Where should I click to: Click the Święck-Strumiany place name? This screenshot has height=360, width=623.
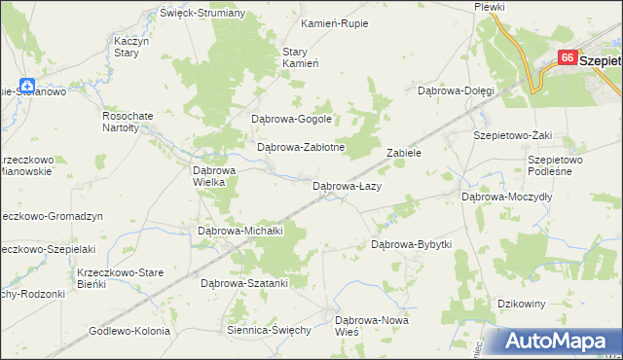[202, 14]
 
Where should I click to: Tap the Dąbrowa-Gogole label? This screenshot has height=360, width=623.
[292, 120]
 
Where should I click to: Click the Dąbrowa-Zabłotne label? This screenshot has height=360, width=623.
[296, 148]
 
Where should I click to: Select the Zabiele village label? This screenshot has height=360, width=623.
[403, 153]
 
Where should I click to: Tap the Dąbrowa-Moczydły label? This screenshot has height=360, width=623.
[506, 196]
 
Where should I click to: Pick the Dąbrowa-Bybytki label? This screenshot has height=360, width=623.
[412, 244]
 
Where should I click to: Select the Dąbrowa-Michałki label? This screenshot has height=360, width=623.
[239, 231]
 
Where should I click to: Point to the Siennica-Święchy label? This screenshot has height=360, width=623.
[268, 330]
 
